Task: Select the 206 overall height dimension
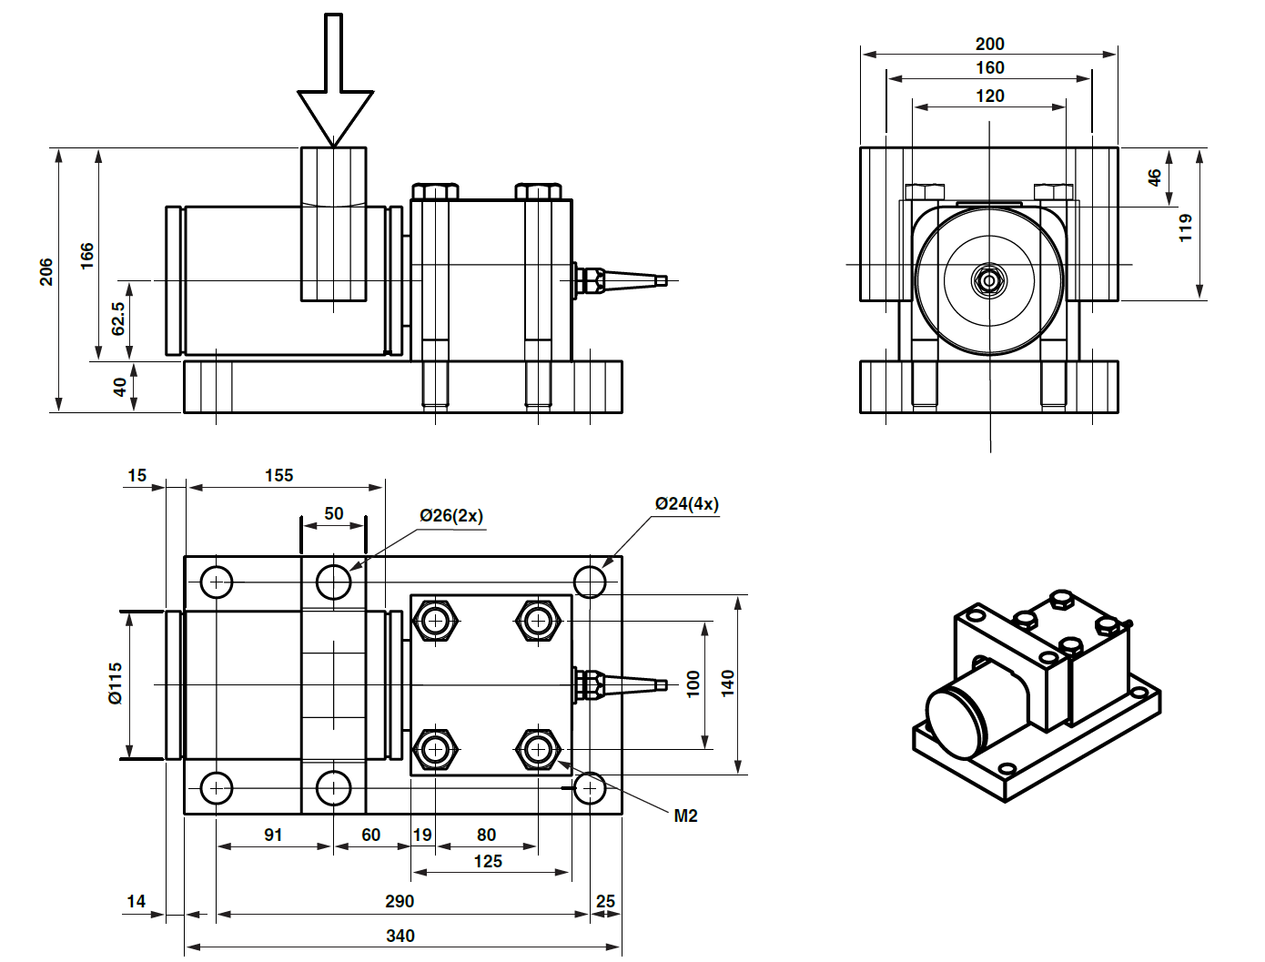(46, 271)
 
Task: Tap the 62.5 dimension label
(118, 319)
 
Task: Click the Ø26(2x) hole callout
(450, 515)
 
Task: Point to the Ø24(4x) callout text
(686, 503)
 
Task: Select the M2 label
(685, 815)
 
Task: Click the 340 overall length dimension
(400, 936)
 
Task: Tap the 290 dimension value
(400, 901)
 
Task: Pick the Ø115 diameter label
(116, 683)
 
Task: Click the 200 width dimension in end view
(989, 44)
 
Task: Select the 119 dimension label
(1185, 228)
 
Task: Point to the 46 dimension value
(1154, 177)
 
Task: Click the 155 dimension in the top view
(279, 475)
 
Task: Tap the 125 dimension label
(488, 861)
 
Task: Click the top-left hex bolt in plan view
(436, 621)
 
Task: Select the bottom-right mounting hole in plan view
(590, 788)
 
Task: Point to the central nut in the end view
(988, 279)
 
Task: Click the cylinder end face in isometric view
(956, 724)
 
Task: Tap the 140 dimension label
(728, 683)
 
